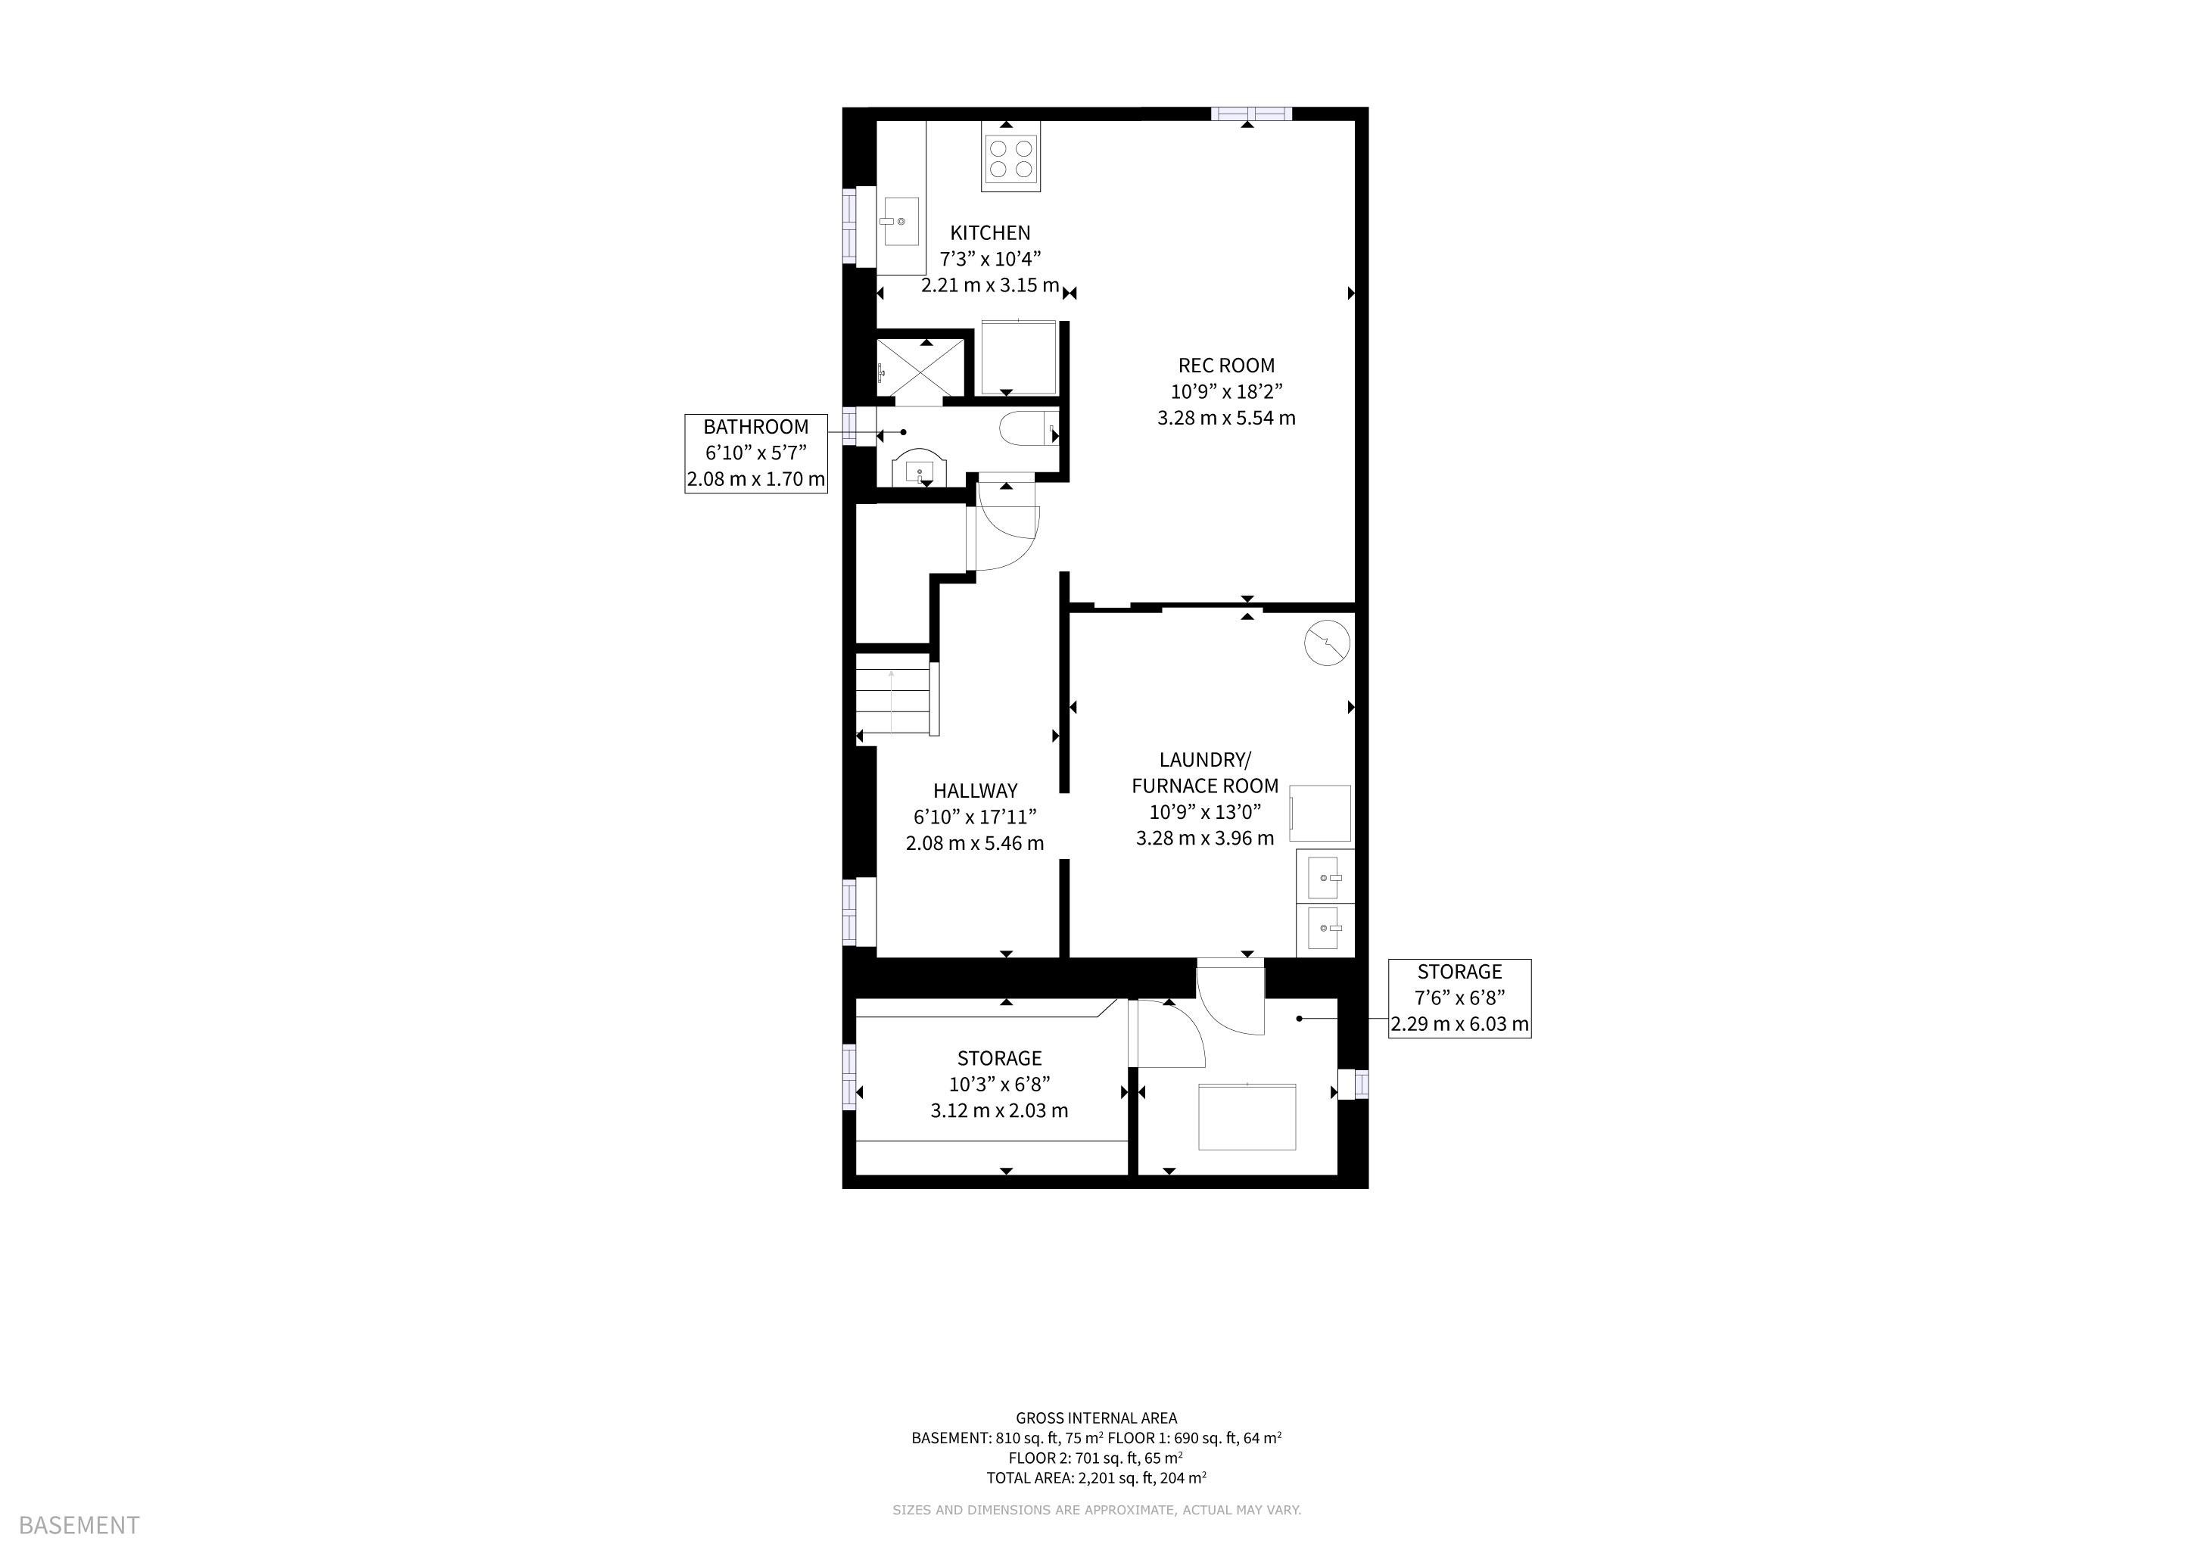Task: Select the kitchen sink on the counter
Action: [900, 222]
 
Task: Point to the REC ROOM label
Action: [1226, 366]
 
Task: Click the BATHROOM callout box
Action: [756, 453]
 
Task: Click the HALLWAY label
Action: [975, 791]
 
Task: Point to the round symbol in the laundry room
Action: [1327, 643]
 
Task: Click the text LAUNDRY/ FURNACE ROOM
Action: [1205, 773]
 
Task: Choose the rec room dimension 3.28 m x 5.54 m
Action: [1226, 418]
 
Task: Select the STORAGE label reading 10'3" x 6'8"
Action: [1000, 1085]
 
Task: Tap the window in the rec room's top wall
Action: [1252, 114]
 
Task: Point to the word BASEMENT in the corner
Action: [79, 1525]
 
